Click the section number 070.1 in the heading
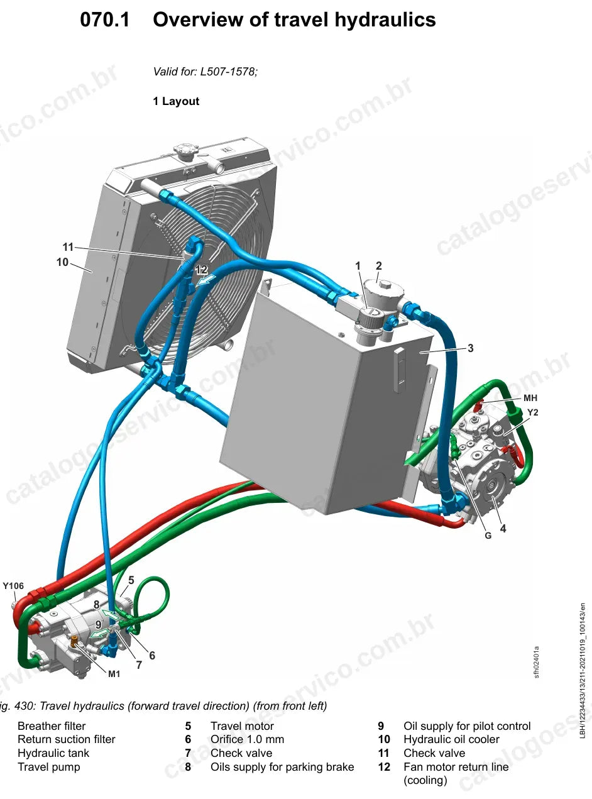point(104,19)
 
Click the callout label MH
point(530,398)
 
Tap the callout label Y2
point(532,412)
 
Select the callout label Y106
point(13,586)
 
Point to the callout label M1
point(114,674)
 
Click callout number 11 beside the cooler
point(68,247)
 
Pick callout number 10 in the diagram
point(62,262)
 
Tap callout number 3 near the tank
point(470,348)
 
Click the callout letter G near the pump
point(488,536)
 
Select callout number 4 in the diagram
point(503,529)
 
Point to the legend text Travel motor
point(242,726)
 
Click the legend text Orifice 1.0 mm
point(247,739)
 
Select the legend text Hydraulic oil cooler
point(451,739)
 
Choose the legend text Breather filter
point(52,726)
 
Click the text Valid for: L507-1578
point(206,72)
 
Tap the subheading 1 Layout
point(176,101)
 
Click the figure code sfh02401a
point(537,662)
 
